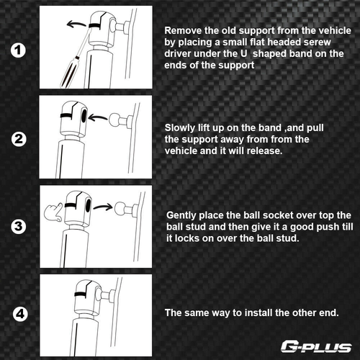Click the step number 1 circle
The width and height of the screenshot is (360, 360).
tap(18, 50)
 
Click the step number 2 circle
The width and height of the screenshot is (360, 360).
tap(19, 139)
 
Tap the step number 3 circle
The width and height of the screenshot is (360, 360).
tap(19, 227)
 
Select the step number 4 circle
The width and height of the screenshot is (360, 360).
tap(20, 314)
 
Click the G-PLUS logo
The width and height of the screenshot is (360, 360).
tap(316, 347)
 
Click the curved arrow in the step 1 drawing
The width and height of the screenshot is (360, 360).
tap(76, 24)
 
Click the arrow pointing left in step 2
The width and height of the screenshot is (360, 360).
tap(98, 117)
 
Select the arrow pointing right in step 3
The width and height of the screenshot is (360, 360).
tap(103, 207)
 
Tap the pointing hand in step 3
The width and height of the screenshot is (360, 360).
tap(53, 213)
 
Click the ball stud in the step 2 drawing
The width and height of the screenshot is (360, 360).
tap(114, 120)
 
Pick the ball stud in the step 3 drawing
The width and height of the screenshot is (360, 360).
tap(120, 208)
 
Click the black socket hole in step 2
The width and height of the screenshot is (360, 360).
tap(84, 115)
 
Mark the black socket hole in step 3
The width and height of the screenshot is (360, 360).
tap(89, 205)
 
